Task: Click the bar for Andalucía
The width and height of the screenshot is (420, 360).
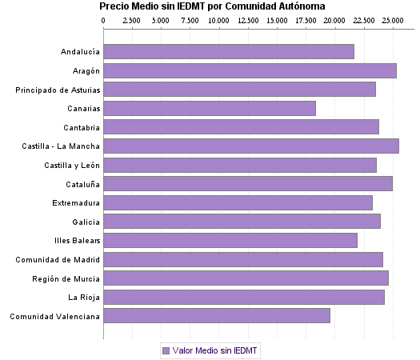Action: (x=229, y=51)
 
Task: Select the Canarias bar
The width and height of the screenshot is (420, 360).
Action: (x=210, y=108)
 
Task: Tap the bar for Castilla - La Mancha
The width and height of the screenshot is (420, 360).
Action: (x=251, y=146)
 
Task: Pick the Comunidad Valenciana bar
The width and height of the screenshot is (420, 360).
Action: (x=217, y=316)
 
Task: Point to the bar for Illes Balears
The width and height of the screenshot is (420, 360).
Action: (x=230, y=240)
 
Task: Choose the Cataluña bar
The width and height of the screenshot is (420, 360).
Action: (x=248, y=183)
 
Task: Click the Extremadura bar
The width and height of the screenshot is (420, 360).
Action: (x=238, y=202)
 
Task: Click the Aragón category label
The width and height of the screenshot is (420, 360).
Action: (x=84, y=70)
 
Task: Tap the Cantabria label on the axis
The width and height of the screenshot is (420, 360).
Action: (x=82, y=127)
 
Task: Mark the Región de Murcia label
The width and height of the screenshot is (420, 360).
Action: (x=66, y=278)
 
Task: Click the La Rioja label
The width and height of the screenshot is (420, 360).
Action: (x=84, y=298)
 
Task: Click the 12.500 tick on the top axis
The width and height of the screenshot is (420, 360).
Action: (x=248, y=18)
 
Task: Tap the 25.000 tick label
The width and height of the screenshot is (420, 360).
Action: (x=392, y=18)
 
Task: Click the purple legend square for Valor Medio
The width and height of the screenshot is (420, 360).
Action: (x=166, y=350)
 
